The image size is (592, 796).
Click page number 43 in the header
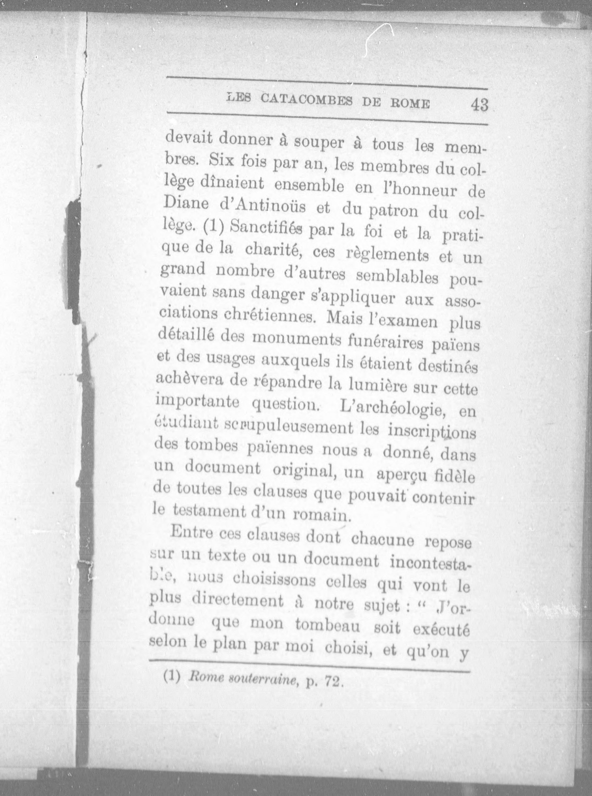pyautogui.click(x=479, y=105)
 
